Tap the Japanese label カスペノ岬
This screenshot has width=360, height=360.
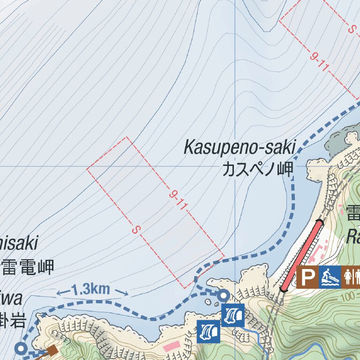pyautogui.click(x=257, y=169)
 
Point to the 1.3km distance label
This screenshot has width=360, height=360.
pyautogui.click(x=92, y=290)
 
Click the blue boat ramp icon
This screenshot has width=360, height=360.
pyautogui.click(x=330, y=277)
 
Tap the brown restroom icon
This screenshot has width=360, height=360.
pyautogui.click(x=351, y=277)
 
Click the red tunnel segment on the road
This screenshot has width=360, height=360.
pyautogui.click(x=301, y=256)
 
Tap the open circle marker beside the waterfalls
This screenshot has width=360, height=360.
pyautogui.click(x=224, y=295)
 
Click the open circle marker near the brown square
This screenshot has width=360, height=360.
pyautogui.click(x=21, y=348)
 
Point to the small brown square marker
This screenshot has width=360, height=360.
pyautogui.click(x=52, y=349)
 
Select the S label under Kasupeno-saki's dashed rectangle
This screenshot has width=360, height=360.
pyautogui.click(x=136, y=230)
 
